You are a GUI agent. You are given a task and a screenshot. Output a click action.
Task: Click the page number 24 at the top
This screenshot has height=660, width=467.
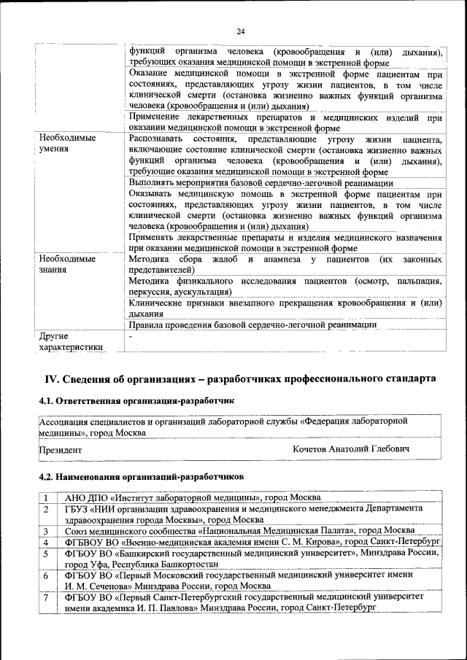click(x=240, y=31)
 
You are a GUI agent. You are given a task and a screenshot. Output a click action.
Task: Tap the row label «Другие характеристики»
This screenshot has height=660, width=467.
click(x=70, y=341)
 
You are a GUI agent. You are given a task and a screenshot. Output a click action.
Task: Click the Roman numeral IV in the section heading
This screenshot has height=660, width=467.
click(x=52, y=379)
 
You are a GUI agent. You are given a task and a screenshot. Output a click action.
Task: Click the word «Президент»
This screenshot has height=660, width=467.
click(x=61, y=450)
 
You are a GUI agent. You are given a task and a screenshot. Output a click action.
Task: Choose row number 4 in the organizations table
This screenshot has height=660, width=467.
click(x=45, y=543)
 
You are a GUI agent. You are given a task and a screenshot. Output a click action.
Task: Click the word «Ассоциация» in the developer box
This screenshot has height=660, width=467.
click(x=66, y=422)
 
